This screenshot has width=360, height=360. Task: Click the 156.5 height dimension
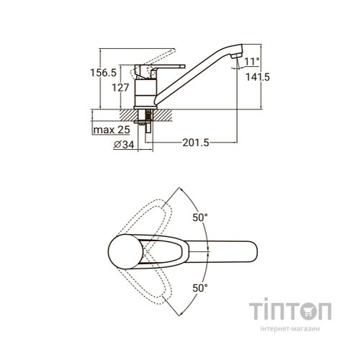click(x=103, y=73)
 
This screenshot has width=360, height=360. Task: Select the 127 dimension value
click(x=120, y=88)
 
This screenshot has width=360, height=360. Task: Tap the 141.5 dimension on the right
click(x=258, y=77)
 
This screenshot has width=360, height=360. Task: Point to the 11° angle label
click(x=252, y=61)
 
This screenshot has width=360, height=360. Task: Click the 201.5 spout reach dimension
click(x=196, y=143)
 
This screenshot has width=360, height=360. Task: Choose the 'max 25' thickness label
click(x=112, y=130)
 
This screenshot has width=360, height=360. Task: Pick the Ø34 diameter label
click(x=124, y=145)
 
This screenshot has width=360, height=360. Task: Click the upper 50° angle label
click(x=200, y=217)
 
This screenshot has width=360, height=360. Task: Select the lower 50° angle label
click(x=200, y=288)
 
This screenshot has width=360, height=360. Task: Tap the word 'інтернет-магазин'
click(x=290, y=328)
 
